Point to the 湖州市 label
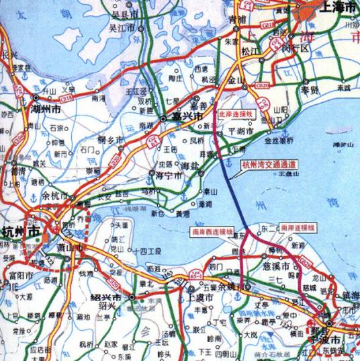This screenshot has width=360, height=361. [48, 108]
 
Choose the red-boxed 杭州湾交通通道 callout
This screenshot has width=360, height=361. [269, 163]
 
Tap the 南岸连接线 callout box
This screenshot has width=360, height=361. [297, 228]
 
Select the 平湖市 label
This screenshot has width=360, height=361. [240, 132]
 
